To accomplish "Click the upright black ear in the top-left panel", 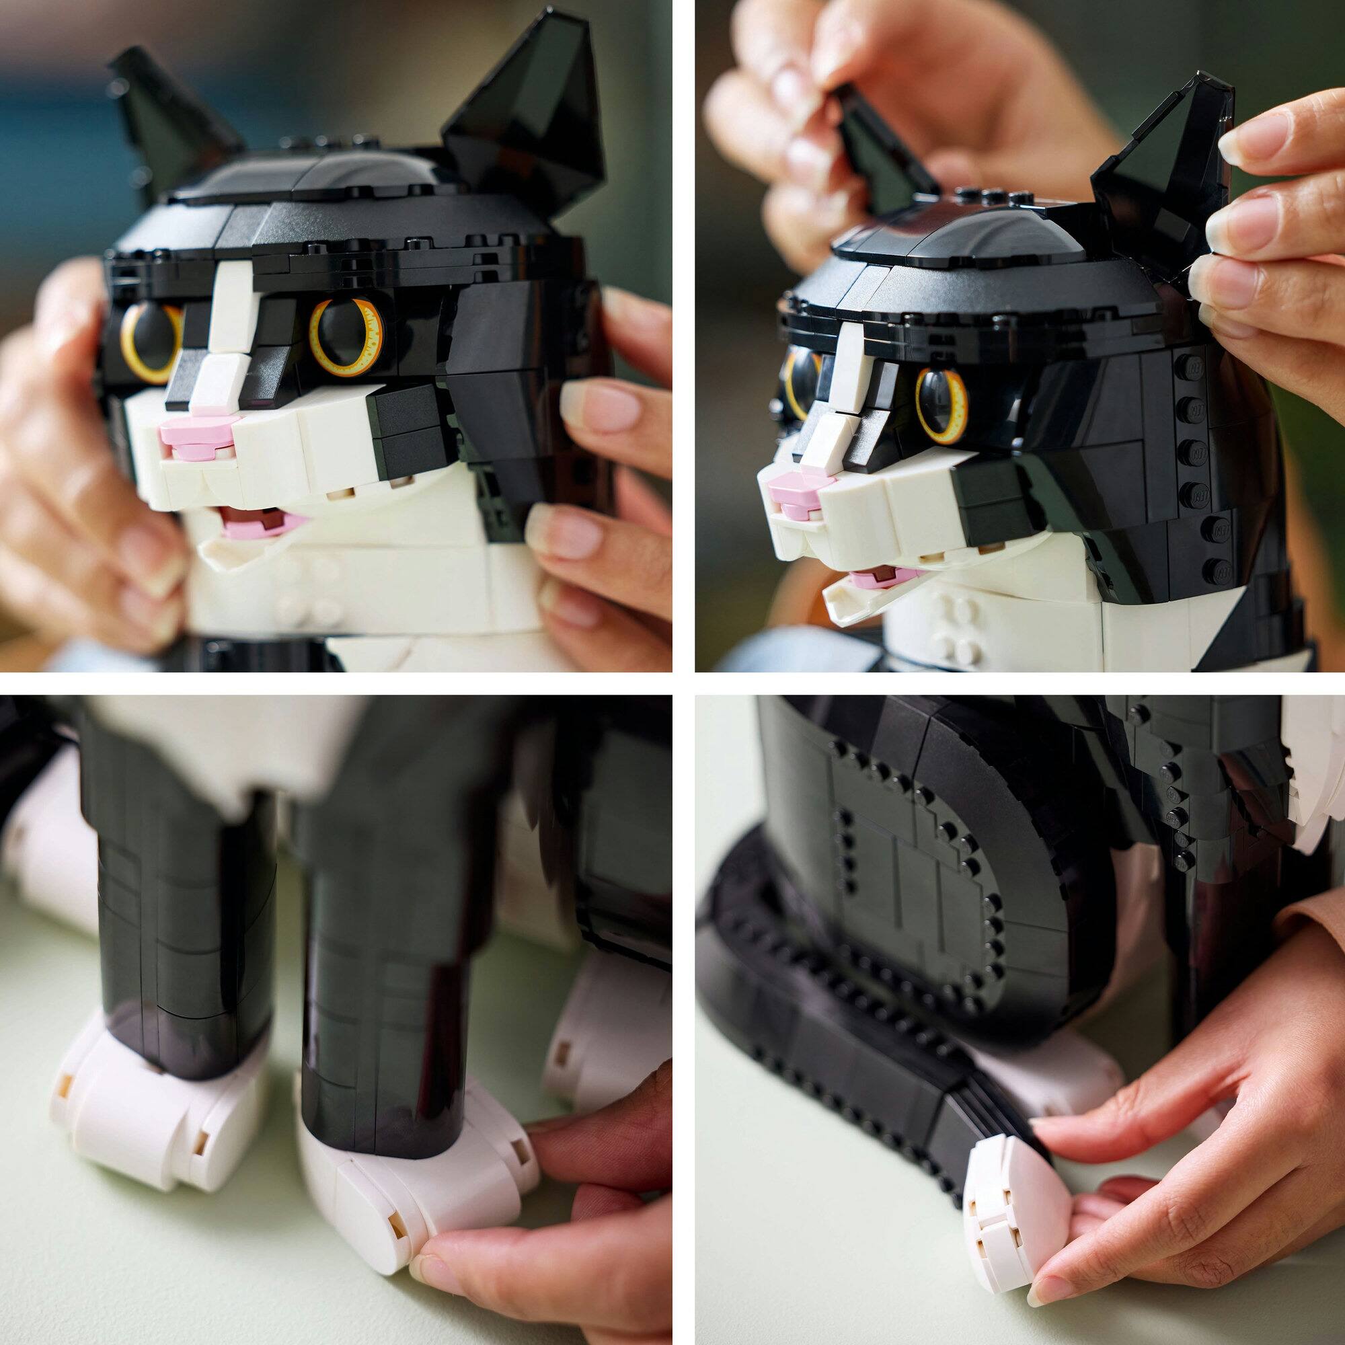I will (529, 118).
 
